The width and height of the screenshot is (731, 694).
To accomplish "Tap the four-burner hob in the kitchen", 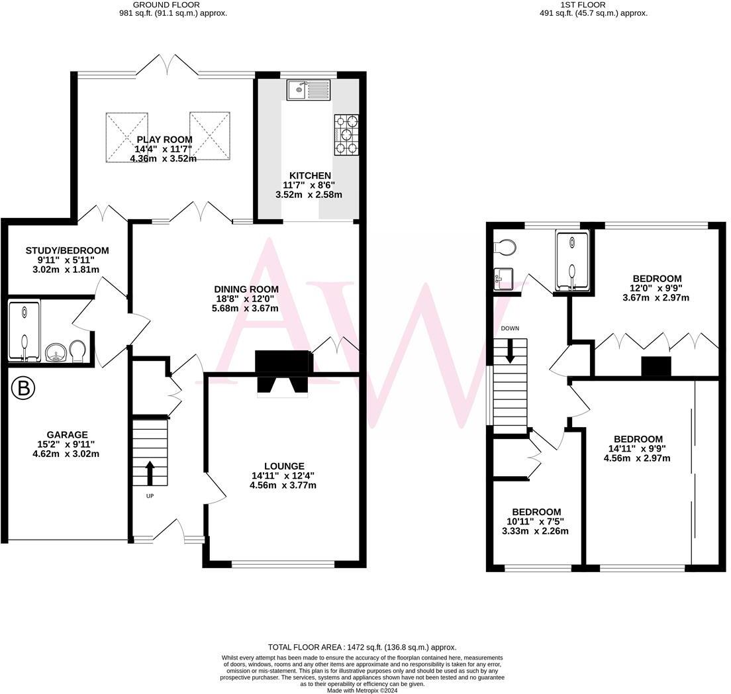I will pos(347,135).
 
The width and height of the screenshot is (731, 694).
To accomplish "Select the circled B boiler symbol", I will pos(23,389).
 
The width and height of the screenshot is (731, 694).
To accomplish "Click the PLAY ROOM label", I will pos(164,140).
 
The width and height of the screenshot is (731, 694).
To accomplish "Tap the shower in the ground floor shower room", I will pos(24,330).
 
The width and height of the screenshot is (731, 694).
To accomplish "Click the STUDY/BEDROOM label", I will pos(67,250).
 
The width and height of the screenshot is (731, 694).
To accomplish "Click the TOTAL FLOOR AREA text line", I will pos(362,647).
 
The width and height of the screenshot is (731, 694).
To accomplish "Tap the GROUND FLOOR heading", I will pos(170,5).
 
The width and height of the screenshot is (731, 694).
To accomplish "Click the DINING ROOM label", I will pos(246,289).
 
